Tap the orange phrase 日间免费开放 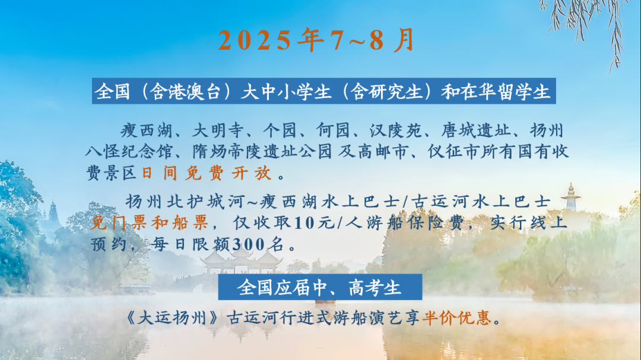coord(207,173)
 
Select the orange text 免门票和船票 coord(149,223)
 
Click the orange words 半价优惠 coord(456,317)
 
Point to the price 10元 coord(314,223)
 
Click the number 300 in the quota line coord(249,244)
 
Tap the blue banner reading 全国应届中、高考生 coord(320,287)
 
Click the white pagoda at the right coord(571,197)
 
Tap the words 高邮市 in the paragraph coord(383,152)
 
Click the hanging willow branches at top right coord(589,24)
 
